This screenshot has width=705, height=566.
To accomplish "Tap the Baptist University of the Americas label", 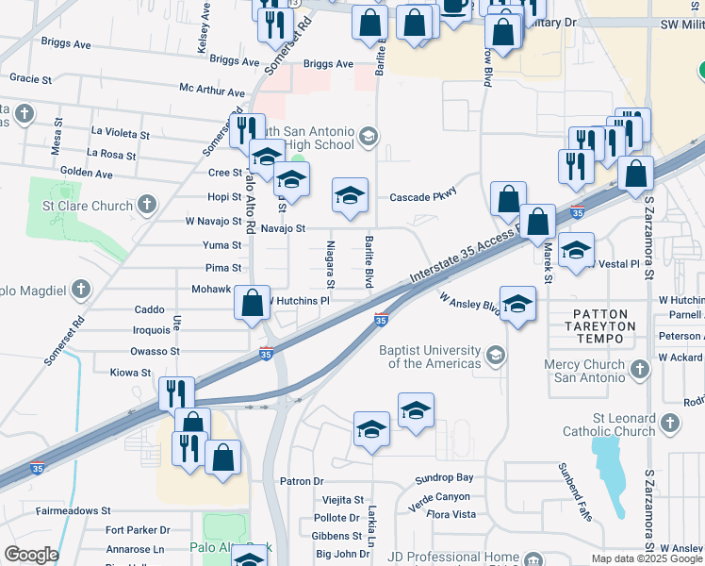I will pos(429,357).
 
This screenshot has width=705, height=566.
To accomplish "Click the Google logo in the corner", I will pos(31,555).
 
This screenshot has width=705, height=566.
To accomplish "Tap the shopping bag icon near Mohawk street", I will pos(253,303).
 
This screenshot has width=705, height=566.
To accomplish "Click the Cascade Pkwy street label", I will pos(423,197).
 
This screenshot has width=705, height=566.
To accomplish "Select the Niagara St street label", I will pos(331,263).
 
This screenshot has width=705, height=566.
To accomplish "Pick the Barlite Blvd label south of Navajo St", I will pos(369,261).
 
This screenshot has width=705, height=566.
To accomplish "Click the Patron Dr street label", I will pos(301,481).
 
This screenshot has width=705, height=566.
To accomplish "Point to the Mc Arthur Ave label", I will pos(212,92).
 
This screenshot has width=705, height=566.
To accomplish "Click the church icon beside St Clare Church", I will pos(147,204).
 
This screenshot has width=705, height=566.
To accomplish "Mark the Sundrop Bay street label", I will pos(444,478).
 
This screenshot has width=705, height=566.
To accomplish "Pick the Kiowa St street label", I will pos(132,373).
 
